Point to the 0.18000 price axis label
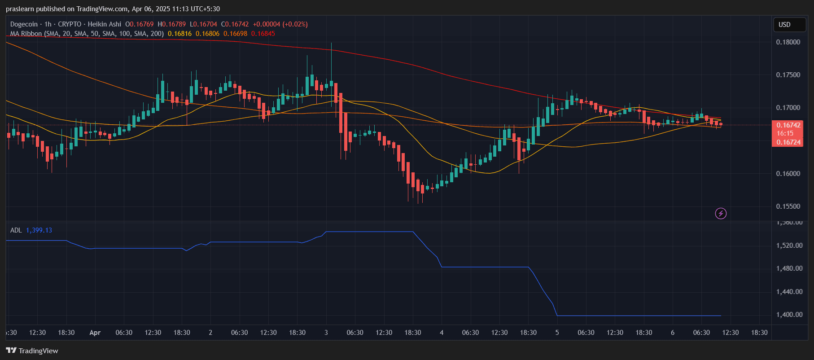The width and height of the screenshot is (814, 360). (x=788, y=42)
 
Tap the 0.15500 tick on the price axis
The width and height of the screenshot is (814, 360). (x=788, y=206)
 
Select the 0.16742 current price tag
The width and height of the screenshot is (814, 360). (x=788, y=125)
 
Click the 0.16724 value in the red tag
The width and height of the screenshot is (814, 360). (x=788, y=142)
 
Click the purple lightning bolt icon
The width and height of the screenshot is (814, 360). (x=721, y=213)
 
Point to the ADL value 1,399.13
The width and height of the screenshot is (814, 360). (x=39, y=230)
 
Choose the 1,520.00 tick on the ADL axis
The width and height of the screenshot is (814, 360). (x=789, y=246)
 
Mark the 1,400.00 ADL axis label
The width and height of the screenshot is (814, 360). (x=789, y=315)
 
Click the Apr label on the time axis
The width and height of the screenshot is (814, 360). (x=95, y=333)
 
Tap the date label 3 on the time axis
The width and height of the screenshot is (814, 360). (x=326, y=333)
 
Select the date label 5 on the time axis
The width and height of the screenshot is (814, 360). (x=557, y=333)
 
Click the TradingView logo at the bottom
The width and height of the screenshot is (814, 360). (x=32, y=351)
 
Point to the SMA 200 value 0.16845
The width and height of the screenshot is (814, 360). (x=263, y=34)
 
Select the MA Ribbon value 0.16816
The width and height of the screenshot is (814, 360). (x=179, y=34)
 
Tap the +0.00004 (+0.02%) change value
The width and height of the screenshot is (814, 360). (x=280, y=24)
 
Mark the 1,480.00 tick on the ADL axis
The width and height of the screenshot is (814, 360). (x=789, y=268)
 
